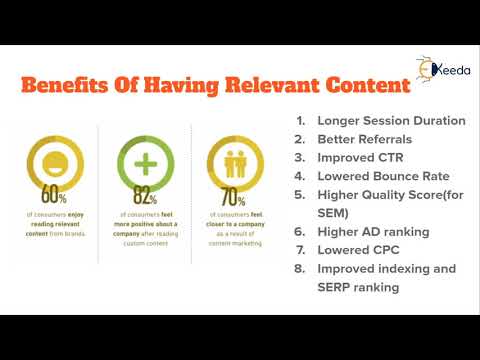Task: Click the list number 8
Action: [x=300, y=268]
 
